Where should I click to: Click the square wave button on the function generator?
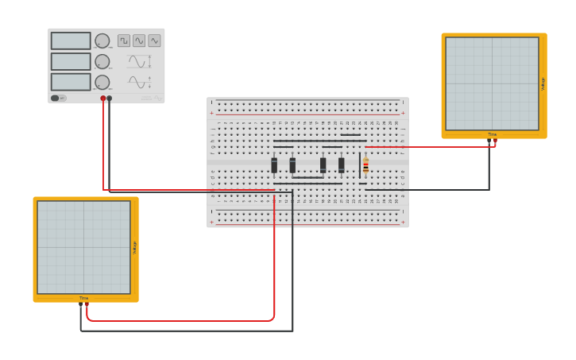(124, 41)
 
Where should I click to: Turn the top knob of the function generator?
(102, 41)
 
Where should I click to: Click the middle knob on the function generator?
(102, 61)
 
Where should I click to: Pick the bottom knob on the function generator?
(102, 82)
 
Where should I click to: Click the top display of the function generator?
(71, 41)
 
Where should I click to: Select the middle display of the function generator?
(71, 61)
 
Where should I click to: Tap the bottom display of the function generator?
(71, 82)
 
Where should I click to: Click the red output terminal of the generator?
(103, 99)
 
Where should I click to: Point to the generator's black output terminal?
(110, 99)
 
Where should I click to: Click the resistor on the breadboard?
(365, 165)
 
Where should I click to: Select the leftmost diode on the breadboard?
(274, 165)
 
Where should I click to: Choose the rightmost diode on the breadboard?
(342, 165)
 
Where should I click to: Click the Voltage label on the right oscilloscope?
(543, 83)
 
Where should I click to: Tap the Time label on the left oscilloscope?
(83, 298)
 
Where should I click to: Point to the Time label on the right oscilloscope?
(493, 134)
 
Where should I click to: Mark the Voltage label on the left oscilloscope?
(135, 247)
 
